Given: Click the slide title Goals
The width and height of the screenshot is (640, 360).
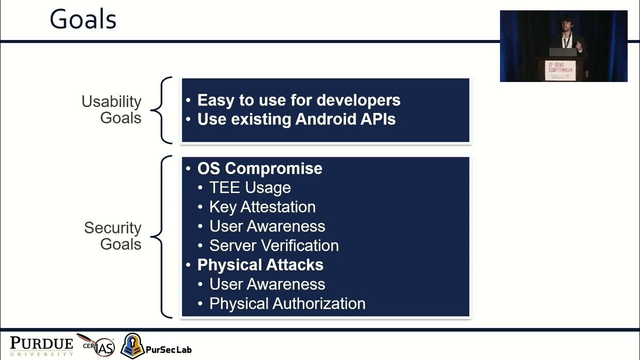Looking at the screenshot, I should (x=83, y=20).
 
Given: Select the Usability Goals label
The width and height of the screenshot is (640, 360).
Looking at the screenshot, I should (x=111, y=109).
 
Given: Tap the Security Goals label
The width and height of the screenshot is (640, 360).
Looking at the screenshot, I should (x=112, y=235).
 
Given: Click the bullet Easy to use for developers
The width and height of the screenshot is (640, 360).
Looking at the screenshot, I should (x=298, y=100).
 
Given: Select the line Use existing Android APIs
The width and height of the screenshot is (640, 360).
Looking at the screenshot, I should (x=296, y=119).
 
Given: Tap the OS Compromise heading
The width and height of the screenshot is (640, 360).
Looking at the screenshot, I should (x=259, y=168).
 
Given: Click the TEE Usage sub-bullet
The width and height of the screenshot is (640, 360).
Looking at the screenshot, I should (x=249, y=187).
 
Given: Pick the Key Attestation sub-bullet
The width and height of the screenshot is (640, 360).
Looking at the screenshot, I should (x=262, y=207).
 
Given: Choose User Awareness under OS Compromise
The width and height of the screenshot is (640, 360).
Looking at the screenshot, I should (x=267, y=226).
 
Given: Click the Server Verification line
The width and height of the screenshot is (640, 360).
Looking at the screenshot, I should (x=273, y=245).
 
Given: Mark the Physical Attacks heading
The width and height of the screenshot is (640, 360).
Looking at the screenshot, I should (x=260, y=265).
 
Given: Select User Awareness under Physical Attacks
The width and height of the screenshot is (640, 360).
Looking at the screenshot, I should (x=267, y=284).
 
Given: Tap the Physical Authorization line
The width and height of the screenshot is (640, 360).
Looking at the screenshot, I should (x=287, y=303).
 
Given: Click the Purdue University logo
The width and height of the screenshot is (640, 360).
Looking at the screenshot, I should (x=41, y=345).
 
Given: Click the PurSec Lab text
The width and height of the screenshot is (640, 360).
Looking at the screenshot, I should (x=168, y=349).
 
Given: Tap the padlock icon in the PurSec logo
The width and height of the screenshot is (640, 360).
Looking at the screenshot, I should (x=132, y=345).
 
